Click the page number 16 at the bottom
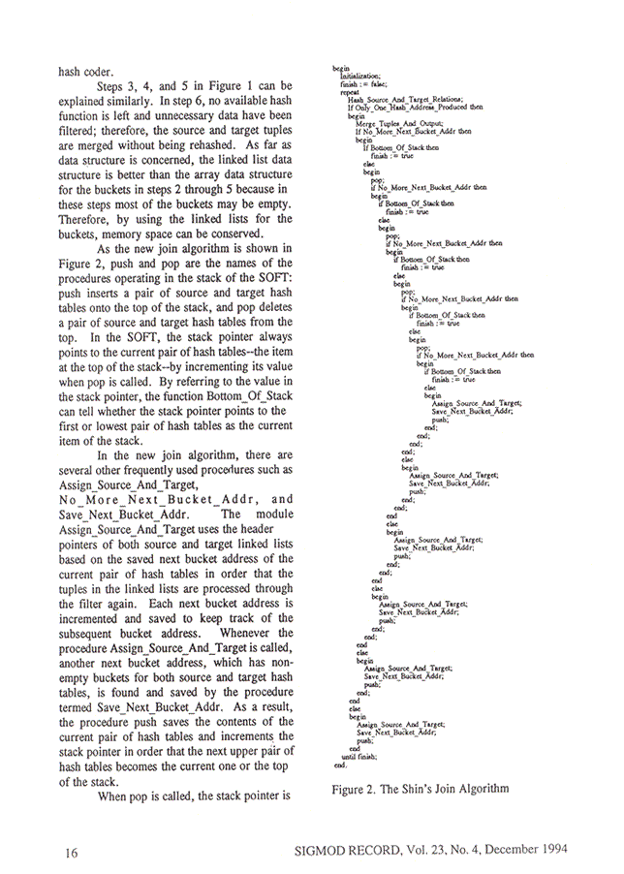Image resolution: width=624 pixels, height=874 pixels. click(x=71, y=853)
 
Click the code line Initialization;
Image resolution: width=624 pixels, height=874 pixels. click(x=360, y=76)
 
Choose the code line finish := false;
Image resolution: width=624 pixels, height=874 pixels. click(x=361, y=84)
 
